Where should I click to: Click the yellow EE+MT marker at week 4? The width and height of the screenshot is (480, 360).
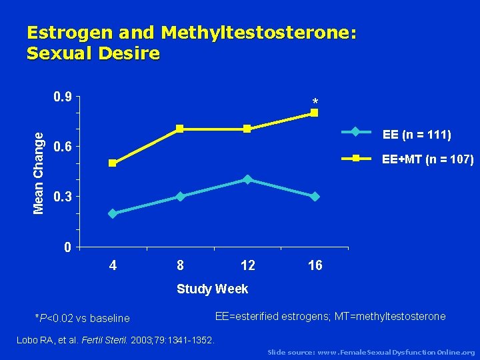click(x=113, y=163)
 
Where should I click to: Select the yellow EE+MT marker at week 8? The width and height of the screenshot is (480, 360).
click(x=180, y=129)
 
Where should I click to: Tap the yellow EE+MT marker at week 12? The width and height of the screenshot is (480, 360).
click(x=247, y=129)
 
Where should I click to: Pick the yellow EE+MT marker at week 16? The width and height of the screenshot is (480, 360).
click(x=315, y=113)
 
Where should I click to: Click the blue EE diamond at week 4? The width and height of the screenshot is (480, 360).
click(x=113, y=213)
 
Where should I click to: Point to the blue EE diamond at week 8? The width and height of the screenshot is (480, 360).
click(x=180, y=197)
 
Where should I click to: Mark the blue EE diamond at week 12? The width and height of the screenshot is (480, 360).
click(x=247, y=179)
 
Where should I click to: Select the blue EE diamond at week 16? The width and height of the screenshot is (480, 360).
click(x=315, y=197)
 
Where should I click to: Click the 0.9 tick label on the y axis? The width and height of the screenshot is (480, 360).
click(x=63, y=97)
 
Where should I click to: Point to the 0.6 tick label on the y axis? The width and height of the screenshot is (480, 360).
click(x=63, y=147)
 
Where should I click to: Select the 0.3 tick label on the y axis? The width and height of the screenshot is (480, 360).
click(x=63, y=197)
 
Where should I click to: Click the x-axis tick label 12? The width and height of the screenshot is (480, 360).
click(x=247, y=266)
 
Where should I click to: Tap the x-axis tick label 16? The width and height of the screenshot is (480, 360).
click(x=315, y=266)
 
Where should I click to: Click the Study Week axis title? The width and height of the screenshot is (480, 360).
click(x=212, y=289)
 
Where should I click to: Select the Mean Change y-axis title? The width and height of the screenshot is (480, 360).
click(x=39, y=172)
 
